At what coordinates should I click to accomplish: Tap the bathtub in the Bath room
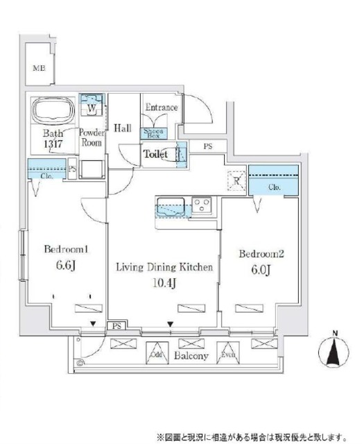click(52, 110)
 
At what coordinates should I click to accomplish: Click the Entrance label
click(160, 108)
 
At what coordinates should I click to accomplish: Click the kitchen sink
click(170, 205)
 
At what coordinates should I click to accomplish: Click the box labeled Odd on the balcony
click(157, 353)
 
